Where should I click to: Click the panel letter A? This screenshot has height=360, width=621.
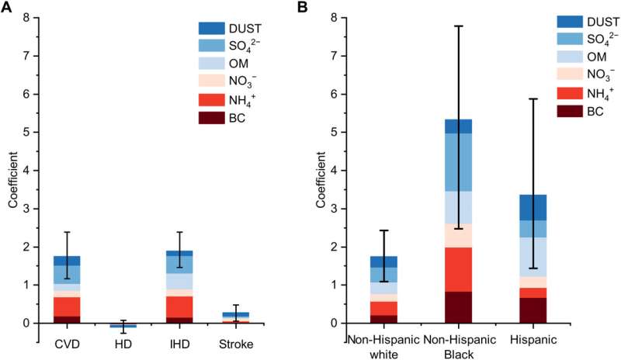point(6,7)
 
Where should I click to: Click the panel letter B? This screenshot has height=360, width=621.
point(302,7)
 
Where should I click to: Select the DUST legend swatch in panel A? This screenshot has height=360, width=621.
point(211,29)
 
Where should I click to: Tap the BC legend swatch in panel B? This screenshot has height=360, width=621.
point(570,111)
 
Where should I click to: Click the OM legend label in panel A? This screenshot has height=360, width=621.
point(239,64)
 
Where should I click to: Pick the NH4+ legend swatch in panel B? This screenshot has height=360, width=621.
point(570,93)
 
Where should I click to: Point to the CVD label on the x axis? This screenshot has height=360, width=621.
point(68,344)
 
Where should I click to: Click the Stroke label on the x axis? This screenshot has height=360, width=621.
point(236,344)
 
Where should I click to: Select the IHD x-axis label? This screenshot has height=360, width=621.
point(179,344)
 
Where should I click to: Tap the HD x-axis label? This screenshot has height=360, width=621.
point(123,344)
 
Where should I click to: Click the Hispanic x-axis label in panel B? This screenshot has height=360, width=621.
point(533,340)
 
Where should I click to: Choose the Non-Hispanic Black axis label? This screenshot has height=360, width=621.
point(460,347)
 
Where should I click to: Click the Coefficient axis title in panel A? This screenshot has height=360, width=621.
point(13,179)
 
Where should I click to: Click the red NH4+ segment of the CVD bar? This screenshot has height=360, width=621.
point(68,306)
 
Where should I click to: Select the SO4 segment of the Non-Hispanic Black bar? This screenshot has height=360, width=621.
point(458,162)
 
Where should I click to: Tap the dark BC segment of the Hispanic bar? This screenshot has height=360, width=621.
point(533,310)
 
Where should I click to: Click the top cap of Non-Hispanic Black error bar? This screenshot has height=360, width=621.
point(458,26)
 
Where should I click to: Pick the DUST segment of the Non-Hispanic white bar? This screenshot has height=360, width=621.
point(383,261)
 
